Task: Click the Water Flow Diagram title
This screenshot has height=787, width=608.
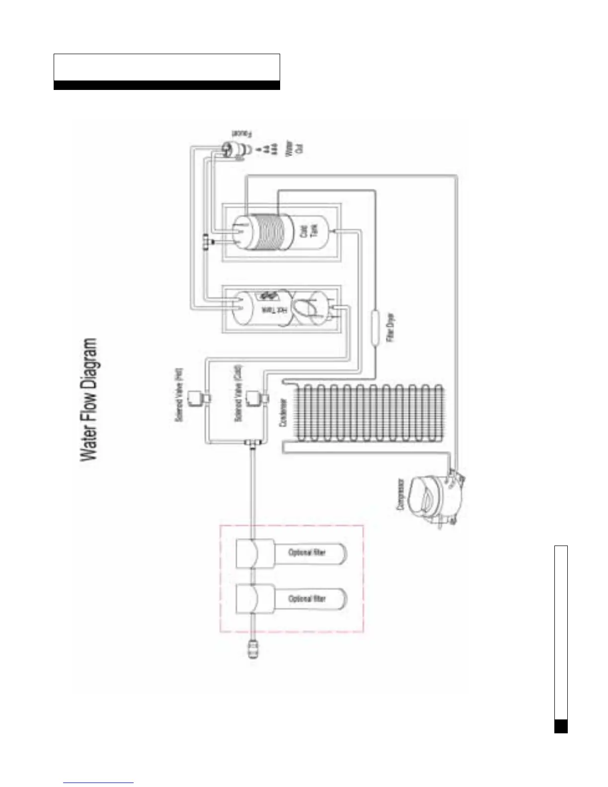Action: pyautogui.click(x=89, y=400)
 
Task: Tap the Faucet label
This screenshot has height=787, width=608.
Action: pyautogui.click(x=241, y=135)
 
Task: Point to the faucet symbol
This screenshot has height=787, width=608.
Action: pyautogui.click(x=231, y=150)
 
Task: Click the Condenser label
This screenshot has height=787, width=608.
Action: pyautogui.click(x=283, y=412)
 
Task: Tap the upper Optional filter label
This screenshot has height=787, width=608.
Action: pyautogui.click(x=307, y=552)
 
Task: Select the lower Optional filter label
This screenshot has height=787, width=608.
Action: pyautogui.click(x=307, y=599)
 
